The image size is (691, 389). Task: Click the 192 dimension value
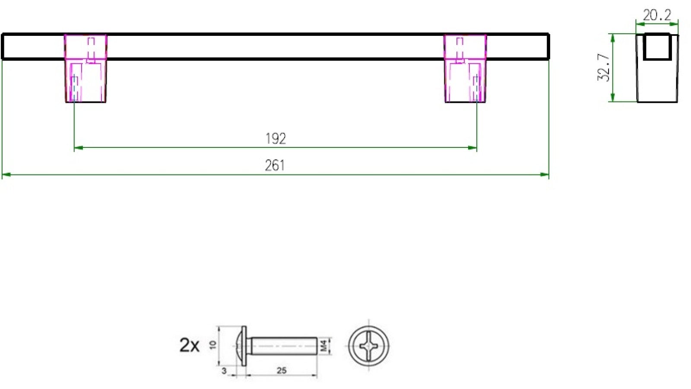point(276,139)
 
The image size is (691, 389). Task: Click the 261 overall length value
point(275,166)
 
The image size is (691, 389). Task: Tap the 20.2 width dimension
point(656,16)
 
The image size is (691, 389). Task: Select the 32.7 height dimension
point(603,67)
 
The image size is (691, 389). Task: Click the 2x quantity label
point(189,345)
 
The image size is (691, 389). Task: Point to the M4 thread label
point(324,345)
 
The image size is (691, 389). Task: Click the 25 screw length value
point(281,370)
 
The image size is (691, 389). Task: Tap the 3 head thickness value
point(224,371)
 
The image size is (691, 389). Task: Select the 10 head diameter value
point(212,344)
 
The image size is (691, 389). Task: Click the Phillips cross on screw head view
point(368,346)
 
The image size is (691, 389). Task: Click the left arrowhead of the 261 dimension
point(5,175)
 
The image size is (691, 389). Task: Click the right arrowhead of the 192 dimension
point(473,148)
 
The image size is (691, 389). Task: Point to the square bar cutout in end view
point(657,47)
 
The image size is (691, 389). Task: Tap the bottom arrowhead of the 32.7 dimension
point(612,99)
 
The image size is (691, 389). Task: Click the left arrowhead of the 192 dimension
point(78,148)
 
